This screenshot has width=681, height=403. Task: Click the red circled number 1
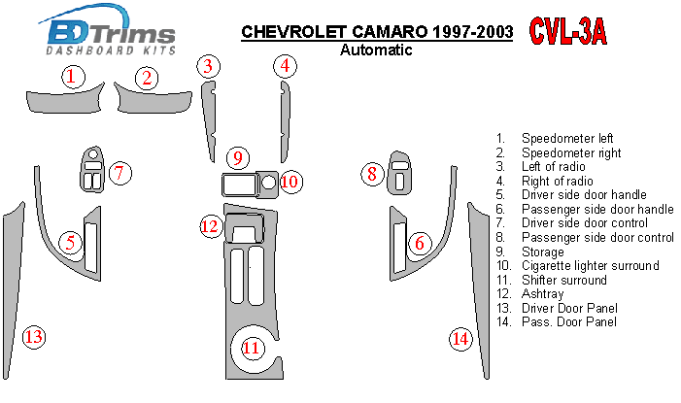click(71, 78)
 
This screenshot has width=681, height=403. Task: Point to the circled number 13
click(33, 337)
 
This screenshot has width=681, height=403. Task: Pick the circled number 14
click(460, 338)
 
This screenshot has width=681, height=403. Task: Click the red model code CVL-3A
click(568, 32)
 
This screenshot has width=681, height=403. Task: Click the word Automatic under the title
click(378, 50)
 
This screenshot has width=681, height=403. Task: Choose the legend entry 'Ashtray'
click(544, 293)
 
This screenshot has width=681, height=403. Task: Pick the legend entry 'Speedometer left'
click(567, 139)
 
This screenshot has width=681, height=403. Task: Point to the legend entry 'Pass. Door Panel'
click(568, 321)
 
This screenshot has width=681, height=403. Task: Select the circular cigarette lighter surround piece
click(269, 182)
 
